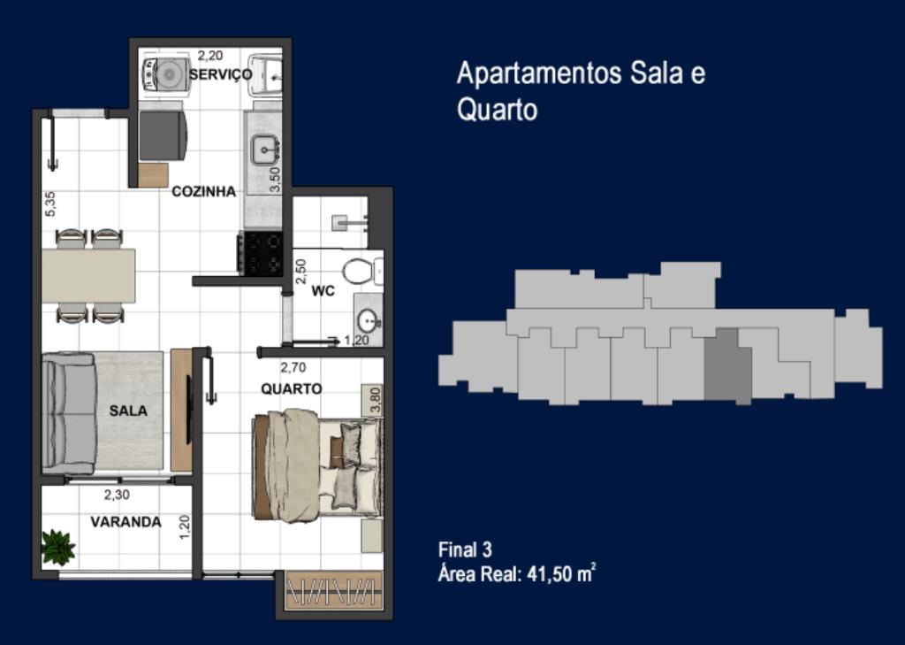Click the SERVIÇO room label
[220, 74]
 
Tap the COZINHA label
[204, 191]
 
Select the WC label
[323, 291]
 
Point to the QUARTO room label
[292, 388]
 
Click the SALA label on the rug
[128, 411]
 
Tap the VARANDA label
[125, 522]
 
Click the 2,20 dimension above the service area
[210, 56]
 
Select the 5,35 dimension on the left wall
[50, 204]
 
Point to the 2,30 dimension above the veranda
[117, 495]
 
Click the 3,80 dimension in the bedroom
[375, 399]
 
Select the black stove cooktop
[260, 253]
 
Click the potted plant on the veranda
[58, 547]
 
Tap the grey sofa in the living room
[69, 412]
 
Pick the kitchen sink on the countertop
[265, 150]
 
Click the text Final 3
[465, 549]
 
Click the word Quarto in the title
[497, 109]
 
